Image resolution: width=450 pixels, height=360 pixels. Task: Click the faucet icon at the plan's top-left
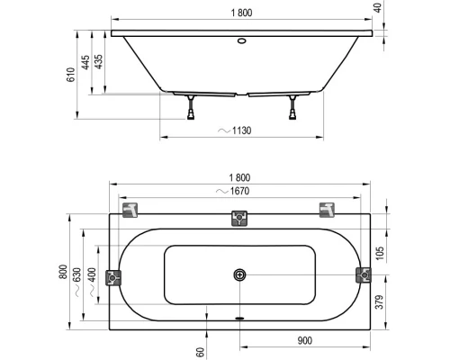point(131,210)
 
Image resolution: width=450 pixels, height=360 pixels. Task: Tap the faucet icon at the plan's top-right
point(327,210)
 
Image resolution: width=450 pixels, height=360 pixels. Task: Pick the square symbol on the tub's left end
point(113,276)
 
